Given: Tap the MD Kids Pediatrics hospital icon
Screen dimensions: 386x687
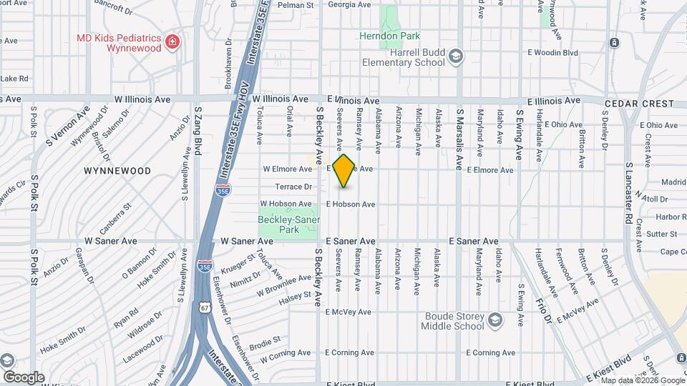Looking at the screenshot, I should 172,43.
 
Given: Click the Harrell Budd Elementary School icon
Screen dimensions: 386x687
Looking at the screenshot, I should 455,56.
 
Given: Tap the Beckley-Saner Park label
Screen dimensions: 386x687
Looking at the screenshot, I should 288,224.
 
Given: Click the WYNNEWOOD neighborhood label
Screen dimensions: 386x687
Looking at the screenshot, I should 117,171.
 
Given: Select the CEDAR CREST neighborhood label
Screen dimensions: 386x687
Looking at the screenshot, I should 630,104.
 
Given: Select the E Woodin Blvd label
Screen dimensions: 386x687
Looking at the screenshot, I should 552,53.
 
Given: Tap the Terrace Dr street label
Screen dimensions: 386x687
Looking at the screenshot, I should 293,187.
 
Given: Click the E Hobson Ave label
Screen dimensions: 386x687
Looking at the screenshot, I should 351,204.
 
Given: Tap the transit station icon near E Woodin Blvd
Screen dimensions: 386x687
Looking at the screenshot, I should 614,43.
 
